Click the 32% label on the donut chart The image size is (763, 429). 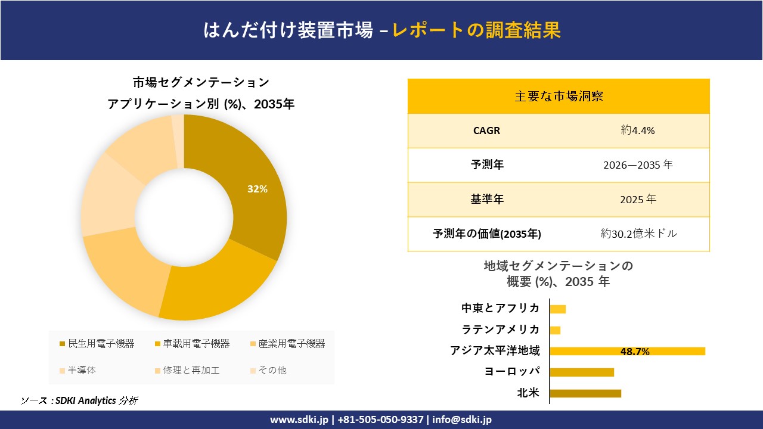tap(258, 189)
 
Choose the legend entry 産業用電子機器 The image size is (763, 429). tap(291, 344)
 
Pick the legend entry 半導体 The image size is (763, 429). tap(81, 370)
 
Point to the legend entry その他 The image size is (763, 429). tap(272, 370)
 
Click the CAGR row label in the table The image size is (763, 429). tap(486, 130)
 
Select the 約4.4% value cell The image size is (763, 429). tap(637, 130)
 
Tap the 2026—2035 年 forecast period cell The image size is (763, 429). tap(637, 165)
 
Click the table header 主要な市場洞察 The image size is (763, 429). tap(559, 96)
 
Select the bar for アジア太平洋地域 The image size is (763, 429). tap(627, 351)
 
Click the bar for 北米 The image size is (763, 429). tap(585, 393)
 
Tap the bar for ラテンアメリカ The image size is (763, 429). tap(555, 330)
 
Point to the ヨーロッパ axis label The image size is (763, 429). tap(512, 372)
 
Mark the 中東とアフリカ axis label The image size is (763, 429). tap(501, 308)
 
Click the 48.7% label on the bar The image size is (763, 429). tap(635, 352)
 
